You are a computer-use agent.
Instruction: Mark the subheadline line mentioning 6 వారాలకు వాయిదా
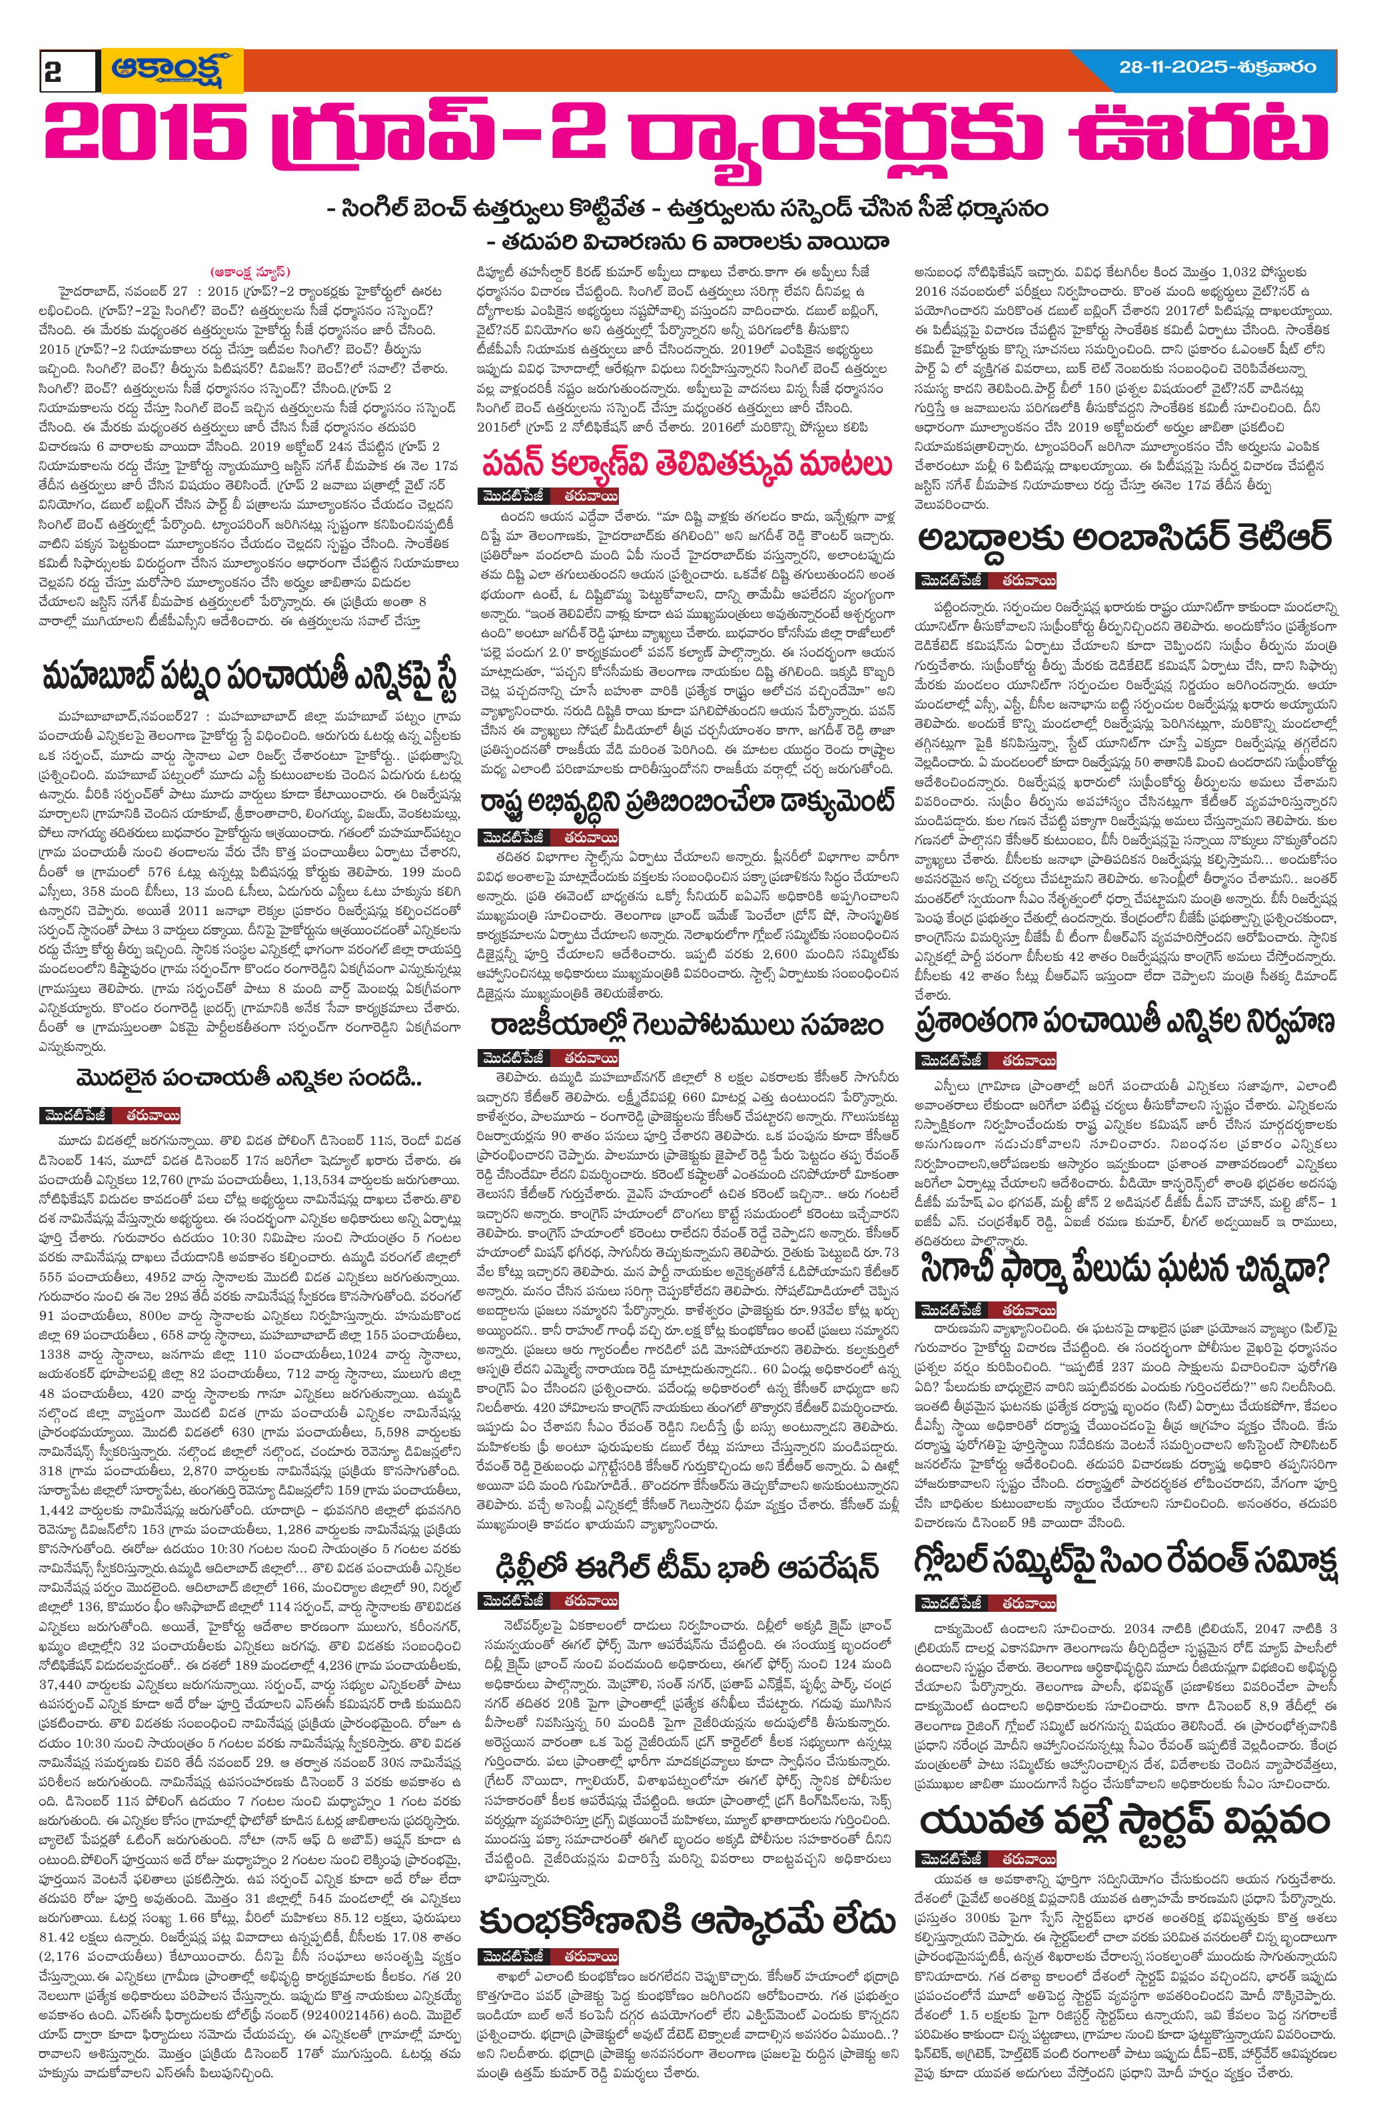click(688, 241)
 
